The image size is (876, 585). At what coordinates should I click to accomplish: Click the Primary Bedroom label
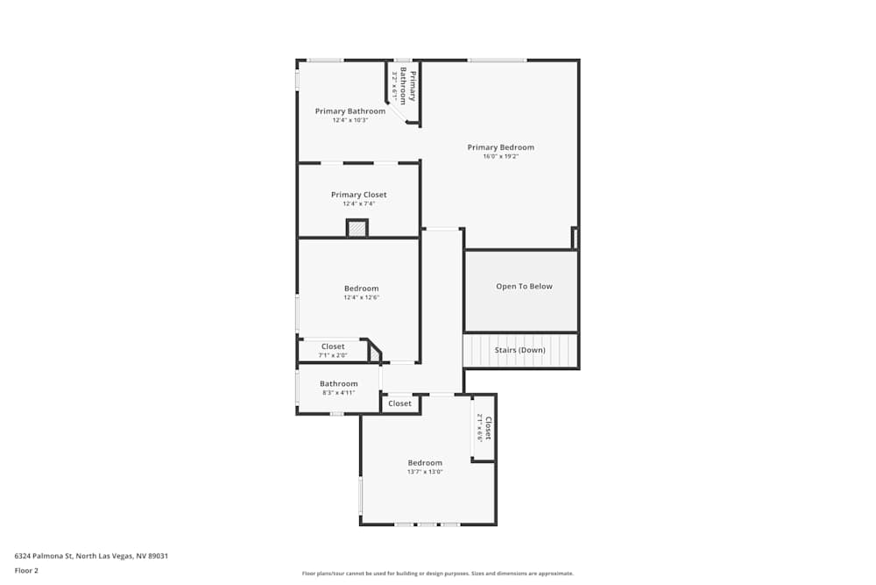pyautogui.click(x=500, y=147)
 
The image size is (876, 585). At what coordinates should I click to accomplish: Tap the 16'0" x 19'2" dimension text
pyautogui.click(x=500, y=157)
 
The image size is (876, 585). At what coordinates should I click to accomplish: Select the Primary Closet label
pyautogui.click(x=358, y=195)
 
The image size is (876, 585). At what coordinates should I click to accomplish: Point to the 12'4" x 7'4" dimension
pyautogui.click(x=358, y=204)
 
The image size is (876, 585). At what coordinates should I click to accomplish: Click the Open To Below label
pyautogui.click(x=524, y=287)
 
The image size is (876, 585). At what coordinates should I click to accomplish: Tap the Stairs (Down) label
pyautogui.click(x=519, y=350)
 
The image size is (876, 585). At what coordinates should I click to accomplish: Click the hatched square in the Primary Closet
pyautogui.click(x=357, y=229)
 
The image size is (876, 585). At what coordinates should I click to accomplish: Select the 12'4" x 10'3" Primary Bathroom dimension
pyautogui.click(x=350, y=121)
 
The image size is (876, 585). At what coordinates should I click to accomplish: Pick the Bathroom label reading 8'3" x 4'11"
pyautogui.click(x=338, y=384)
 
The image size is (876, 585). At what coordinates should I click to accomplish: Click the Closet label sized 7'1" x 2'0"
pyautogui.click(x=333, y=347)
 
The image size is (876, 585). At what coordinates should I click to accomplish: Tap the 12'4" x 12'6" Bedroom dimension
pyautogui.click(x=361, y=298)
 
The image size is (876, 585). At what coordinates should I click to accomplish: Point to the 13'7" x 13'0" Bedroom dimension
pyautogui.click(x=425, y=472)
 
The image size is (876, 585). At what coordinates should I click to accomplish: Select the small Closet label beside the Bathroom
pyautogui.click(x=399, y=403)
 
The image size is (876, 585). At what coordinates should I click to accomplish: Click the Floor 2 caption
pyautogui.click(x=26, y=570)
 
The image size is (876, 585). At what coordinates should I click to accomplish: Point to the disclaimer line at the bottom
pyautogui.click(x=438, y=574)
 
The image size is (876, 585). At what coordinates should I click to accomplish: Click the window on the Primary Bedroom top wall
pyautogui.click(x=497, y=60)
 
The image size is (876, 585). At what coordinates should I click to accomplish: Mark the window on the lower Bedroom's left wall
pyautogui.click(x=360, y=496)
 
